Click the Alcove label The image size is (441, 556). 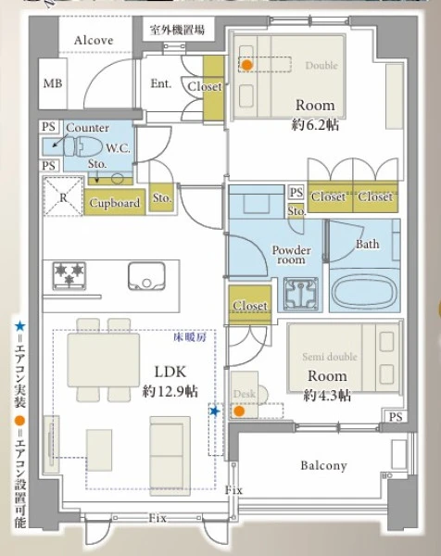[94, 40]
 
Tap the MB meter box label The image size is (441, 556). [53, 83]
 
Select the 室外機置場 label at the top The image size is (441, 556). [177, 30]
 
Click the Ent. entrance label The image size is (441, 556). [161, 83]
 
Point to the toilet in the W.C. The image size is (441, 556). [82, 146]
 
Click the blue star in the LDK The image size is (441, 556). [215, 411]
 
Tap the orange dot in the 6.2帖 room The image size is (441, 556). [247, 65]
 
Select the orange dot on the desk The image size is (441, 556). [240, 411]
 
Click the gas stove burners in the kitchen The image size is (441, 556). [69, 275]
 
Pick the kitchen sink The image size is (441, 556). [146, 276]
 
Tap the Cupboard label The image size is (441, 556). [115, 203]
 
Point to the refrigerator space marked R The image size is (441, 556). [63, 196]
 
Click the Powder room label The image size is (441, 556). [291, 255]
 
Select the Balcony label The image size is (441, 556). [323, 465]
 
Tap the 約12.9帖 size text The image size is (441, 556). [170, 391]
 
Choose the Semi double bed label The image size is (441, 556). [330, 357]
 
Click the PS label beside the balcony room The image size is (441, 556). [396, 417]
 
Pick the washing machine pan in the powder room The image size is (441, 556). [301, 294]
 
